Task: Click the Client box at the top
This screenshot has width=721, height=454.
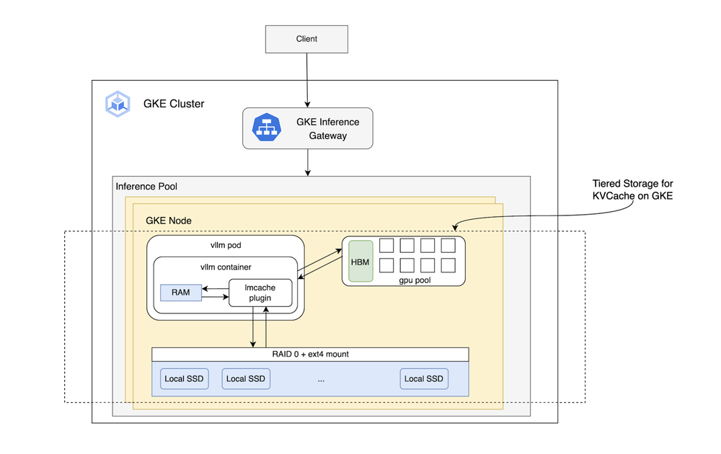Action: (x=306, y=39)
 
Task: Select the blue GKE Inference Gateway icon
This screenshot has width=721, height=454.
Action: (x=267, y=128)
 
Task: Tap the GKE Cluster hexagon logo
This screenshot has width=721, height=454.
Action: (x=118, y=104)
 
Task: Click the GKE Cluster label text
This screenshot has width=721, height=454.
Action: (x=174, y=104)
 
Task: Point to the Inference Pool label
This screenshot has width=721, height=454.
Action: (x=146, y=187)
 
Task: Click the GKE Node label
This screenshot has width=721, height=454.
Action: (x=169, y=220)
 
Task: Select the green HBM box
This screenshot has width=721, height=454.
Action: (x=360, y=262)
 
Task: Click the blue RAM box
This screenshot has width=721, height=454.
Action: (x=180, y=292)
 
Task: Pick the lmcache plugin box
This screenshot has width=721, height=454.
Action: (x=260, y=293)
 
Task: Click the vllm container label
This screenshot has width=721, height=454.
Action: (x=226, y=267)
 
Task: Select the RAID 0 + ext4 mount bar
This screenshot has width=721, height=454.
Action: (x=310, y=355)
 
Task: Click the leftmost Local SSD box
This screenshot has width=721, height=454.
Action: (x=185, y=379)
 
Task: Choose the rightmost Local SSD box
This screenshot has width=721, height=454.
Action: (x=424, y=379)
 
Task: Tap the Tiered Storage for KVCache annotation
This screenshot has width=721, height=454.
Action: (x=632, y=190)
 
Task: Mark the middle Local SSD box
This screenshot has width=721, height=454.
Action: (x=246, y=379)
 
